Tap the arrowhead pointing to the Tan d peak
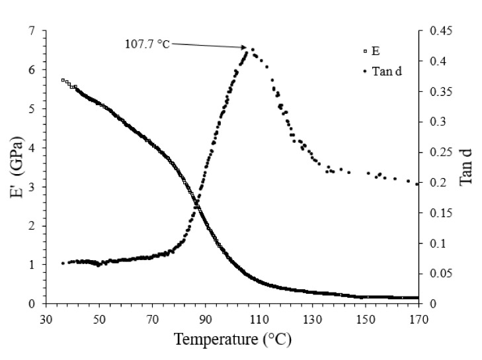246,47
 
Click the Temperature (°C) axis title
232,340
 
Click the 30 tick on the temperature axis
46,318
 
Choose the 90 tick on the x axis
206,318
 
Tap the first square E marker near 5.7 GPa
63,80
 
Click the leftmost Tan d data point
63,263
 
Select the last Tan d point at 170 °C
417,183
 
